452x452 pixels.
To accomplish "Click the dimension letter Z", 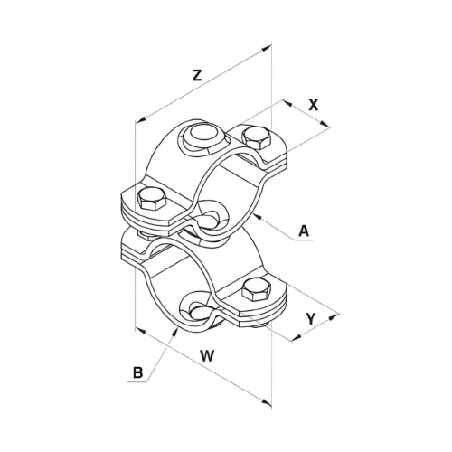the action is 197,75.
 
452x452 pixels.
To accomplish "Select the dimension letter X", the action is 314,105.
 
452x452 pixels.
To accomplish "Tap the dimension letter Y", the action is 311,319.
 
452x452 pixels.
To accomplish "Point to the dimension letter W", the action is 207,356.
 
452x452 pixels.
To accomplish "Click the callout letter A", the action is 304,231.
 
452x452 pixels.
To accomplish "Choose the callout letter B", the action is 137,373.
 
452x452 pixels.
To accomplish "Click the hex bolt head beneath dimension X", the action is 256,138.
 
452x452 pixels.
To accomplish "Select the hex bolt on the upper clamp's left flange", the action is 151,199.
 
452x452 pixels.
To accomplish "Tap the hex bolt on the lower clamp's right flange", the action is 256,289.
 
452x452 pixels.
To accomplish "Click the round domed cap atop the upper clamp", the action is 203,135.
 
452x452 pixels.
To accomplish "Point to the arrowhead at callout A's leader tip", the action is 257,216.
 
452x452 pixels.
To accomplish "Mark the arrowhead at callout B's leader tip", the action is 175,333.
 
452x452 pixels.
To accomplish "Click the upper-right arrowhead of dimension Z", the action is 267,48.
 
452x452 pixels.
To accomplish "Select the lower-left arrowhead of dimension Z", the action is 140,119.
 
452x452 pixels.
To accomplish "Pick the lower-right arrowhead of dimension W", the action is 267,402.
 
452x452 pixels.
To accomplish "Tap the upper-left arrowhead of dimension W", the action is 140,331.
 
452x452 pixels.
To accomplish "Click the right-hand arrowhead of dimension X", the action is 324,123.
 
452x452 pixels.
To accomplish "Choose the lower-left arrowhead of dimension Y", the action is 297,338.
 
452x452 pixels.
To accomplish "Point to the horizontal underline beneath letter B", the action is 137,382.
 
